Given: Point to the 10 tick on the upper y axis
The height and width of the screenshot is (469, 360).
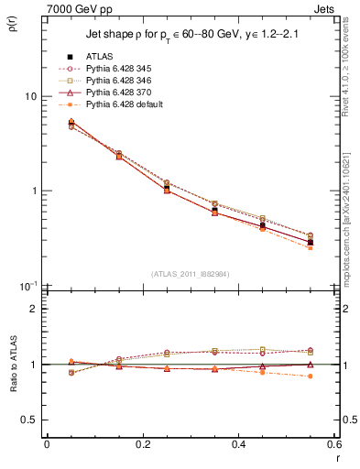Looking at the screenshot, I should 29,96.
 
